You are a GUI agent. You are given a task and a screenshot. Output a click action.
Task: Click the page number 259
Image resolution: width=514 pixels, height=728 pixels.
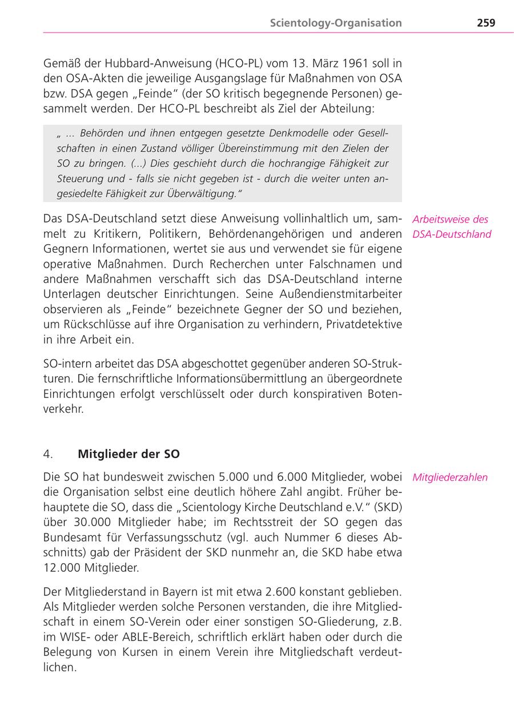click(486, 23)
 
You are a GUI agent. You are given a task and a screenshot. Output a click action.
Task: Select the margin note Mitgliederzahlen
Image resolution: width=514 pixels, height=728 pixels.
click(450, 478)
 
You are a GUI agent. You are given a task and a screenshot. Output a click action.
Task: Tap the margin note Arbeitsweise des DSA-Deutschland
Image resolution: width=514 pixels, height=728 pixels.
click(451, 226)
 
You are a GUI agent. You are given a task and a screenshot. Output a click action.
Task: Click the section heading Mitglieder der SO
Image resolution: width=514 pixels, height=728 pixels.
click(128, 454)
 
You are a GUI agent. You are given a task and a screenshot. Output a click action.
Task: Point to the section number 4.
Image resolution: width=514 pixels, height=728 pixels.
click(49, 454)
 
